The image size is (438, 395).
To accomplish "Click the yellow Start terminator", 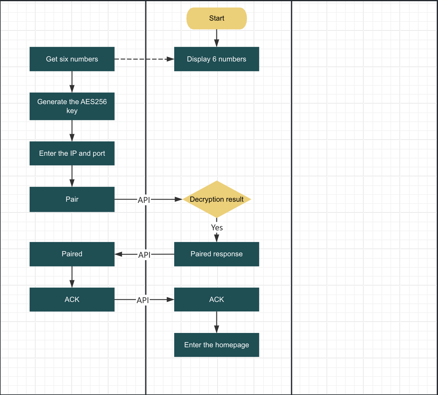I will pos(217,18).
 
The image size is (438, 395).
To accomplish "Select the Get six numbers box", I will pos(72,59).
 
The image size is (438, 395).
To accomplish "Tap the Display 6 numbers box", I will pos(217,59).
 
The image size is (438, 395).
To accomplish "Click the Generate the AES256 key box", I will pos(72,106).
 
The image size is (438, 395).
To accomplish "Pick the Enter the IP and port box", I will pos(72,153).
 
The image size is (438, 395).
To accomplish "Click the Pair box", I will pos(72,199).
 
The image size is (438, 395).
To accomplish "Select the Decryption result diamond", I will pos(217,199).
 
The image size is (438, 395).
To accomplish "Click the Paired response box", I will pos(217,254).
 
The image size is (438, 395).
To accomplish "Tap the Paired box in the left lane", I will pos(72,254).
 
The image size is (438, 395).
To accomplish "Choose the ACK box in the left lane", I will pos(72,300).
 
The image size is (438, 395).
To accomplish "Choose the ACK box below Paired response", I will pos(217,300).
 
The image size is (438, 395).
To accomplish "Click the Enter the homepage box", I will pos(217,345).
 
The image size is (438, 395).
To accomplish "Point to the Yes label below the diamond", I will pos(217,228).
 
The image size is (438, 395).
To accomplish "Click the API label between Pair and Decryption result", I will pos(144,200).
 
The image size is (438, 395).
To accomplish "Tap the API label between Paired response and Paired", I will pos(144,255).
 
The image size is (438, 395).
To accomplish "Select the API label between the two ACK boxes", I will pos(143,300).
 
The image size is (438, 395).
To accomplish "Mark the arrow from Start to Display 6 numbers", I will pos(217,38).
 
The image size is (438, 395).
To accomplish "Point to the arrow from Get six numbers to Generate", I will pos(72,81).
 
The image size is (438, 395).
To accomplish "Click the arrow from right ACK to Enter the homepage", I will pos(217,322).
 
